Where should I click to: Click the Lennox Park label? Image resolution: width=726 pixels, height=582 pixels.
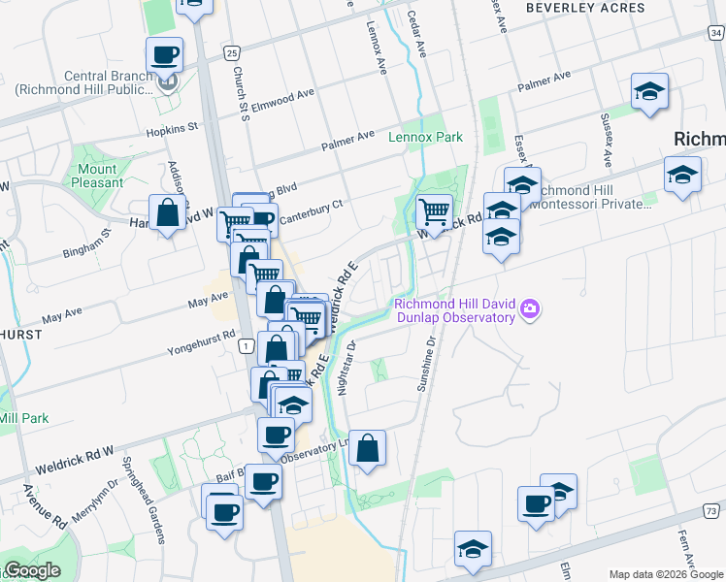pyautogui.click(x=425, y=138)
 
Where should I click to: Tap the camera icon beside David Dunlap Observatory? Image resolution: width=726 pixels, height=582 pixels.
pyautogui.click(x=530, y=309)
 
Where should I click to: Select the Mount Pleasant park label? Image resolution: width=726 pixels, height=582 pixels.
pyautogui.click(x=96, y=176)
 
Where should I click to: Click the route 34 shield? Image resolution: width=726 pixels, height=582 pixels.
pyautogui.click(x=715, y=34)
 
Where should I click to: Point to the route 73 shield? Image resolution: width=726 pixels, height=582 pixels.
pyautogui.click(x=712, y=510)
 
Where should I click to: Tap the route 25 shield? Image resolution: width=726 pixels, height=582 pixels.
pyautogui.click(x=229, y=51)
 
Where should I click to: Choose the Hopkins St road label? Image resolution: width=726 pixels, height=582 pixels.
pyautogui.click(x=172, y=127)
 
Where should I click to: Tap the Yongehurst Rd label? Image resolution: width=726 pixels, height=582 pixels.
pyautogui.click(x=202, y=339)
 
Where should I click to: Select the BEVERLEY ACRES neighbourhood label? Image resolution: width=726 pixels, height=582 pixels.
pyautogui.click(x=585, y=8)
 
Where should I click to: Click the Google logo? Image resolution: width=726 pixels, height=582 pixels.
pyautogui.click(x=32, y=570)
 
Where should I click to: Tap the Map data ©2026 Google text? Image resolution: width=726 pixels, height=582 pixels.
pyautogui.click(x=664, y=574)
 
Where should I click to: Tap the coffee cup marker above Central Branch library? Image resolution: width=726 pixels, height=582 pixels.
pyautogui.click(x=164, y=54)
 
